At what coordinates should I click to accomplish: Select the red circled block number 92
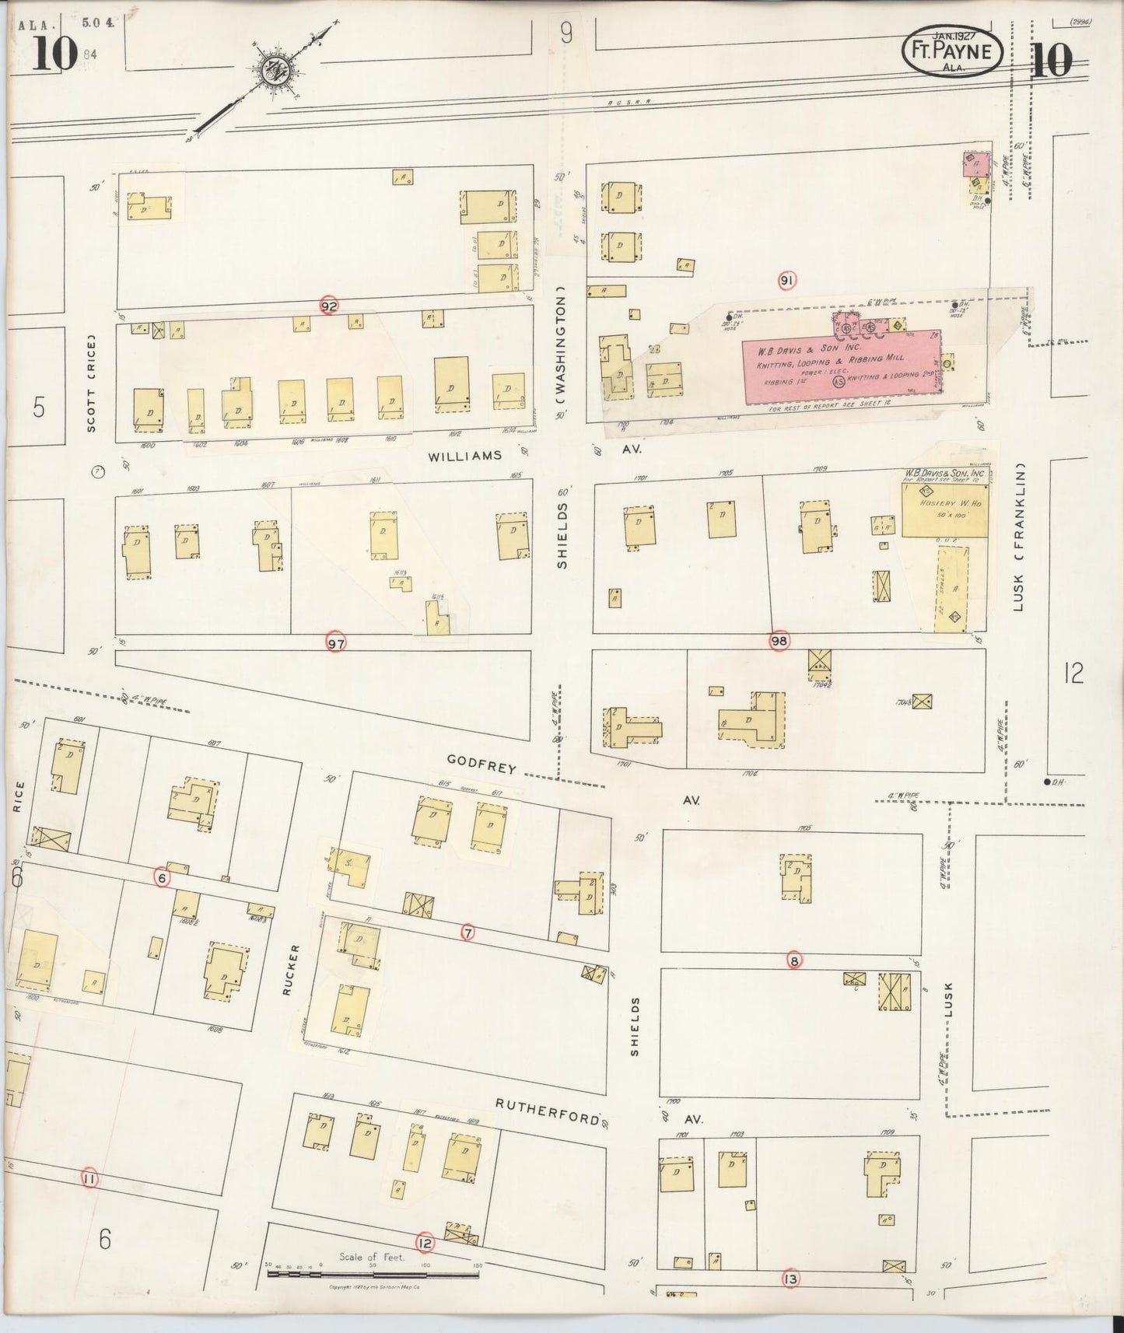point(329,306)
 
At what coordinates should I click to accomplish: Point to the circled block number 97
point(335,643)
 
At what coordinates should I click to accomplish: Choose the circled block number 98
point(779,641)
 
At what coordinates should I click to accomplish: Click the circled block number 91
point(787,280)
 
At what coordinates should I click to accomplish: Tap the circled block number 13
point(790,1279)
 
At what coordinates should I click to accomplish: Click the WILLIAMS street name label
point(464,456)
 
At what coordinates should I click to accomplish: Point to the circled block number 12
point(424,1242)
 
